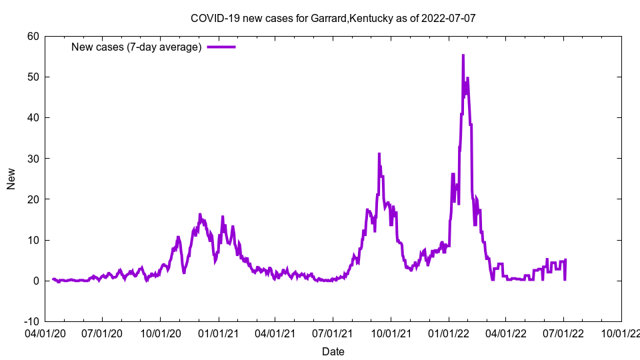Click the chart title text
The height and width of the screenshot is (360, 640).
point(333,18)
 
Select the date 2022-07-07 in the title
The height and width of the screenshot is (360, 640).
point(448,18)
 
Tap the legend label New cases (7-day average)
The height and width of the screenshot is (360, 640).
point(136,47)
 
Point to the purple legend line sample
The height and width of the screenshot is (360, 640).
point(221,47)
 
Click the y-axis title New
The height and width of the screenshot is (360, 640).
point(11,179)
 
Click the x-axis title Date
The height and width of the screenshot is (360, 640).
point(333,351)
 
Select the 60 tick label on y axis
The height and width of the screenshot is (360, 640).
point(33,36)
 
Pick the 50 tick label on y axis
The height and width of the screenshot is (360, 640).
point(33,77)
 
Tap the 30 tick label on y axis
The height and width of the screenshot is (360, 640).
point(33,159)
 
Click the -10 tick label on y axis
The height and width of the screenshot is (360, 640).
point(31,321)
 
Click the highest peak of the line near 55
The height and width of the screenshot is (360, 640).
point(463,55)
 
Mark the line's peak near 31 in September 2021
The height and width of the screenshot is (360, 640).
point(379,154)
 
